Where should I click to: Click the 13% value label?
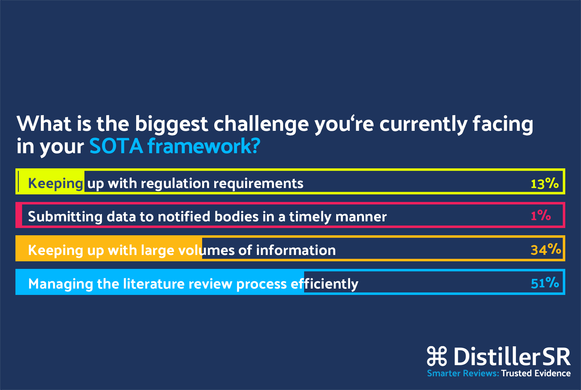tap(545, 183)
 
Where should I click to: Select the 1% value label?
tap(541, 215)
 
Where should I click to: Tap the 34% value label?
tap(546, 250)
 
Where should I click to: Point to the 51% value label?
tap(545, 283)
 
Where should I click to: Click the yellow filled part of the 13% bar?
tap(50, 181)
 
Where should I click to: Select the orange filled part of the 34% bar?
tap(109, 248)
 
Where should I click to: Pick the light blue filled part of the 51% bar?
tap(160, 282)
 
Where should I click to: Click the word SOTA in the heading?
tap(116, 146)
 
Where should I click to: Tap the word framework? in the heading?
tap(204, 146)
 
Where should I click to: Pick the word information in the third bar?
tap(296, 250)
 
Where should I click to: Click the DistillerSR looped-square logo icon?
tap(437, 356)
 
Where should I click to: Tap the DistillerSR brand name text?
tap(512, 356)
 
